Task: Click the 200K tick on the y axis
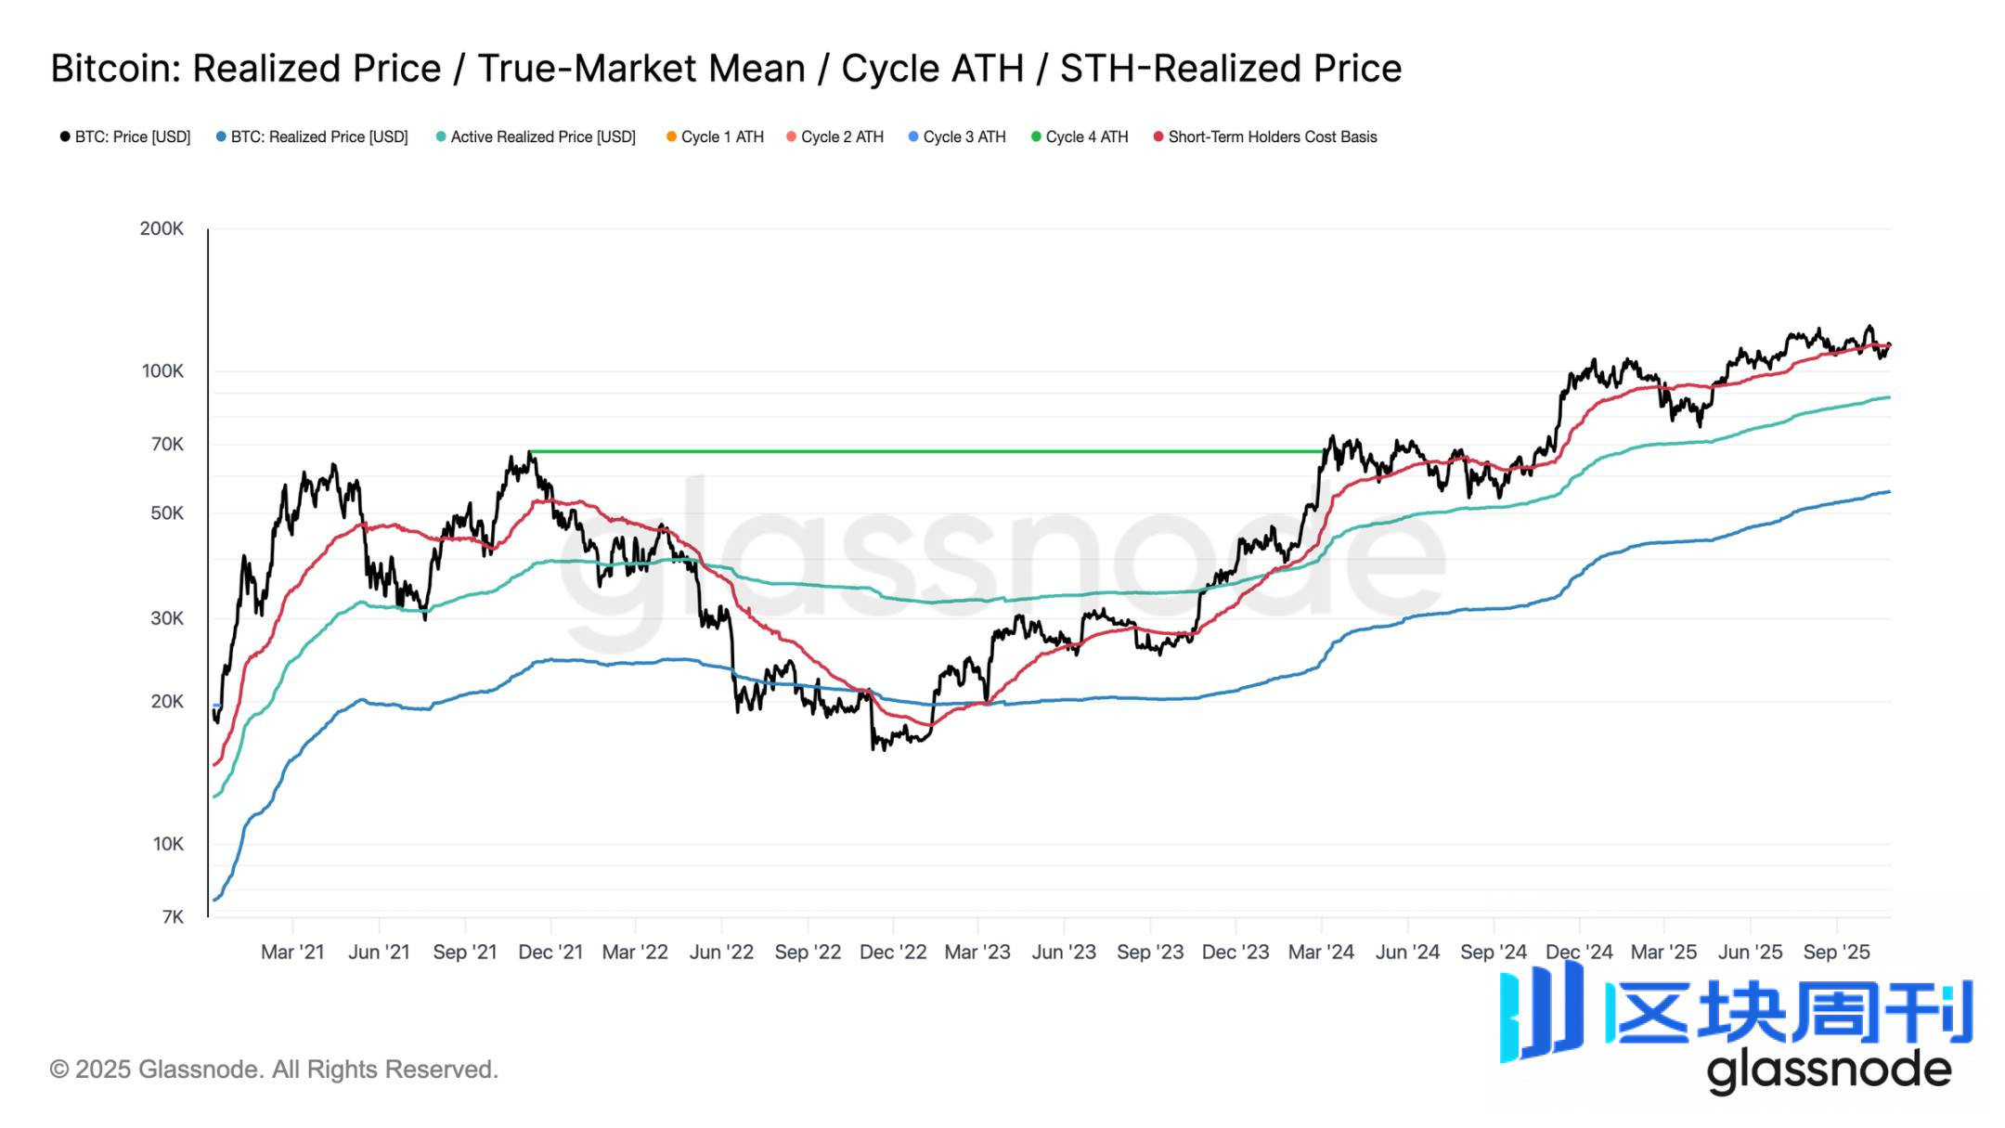pyautogui.click(x=162, y=228)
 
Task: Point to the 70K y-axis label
pyautogui.click(x=167, y=445)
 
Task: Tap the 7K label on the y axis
pyautogui.click(x=173, y=917)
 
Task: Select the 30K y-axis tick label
pyautogui.click(x=167, y=618)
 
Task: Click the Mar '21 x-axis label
pyautogui.click(x=292, y=952)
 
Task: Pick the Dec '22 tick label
pyautogui.click(x=893, y=952)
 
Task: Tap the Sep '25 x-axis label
pyautogui.click(x=1836, y=952)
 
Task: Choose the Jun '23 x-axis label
pyautogui.click(x=1064, y=952)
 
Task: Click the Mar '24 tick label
pyautogui.click(x=1321, y=952)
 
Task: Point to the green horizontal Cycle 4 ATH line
pyautogui.click(x=928, y=452)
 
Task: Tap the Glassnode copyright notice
pyautogui.click(x=274, y=1070)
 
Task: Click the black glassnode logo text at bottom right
pyautogui.click(x=1829, y=1070)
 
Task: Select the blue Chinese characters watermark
pyautogui.click(x=1792, y=1012)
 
